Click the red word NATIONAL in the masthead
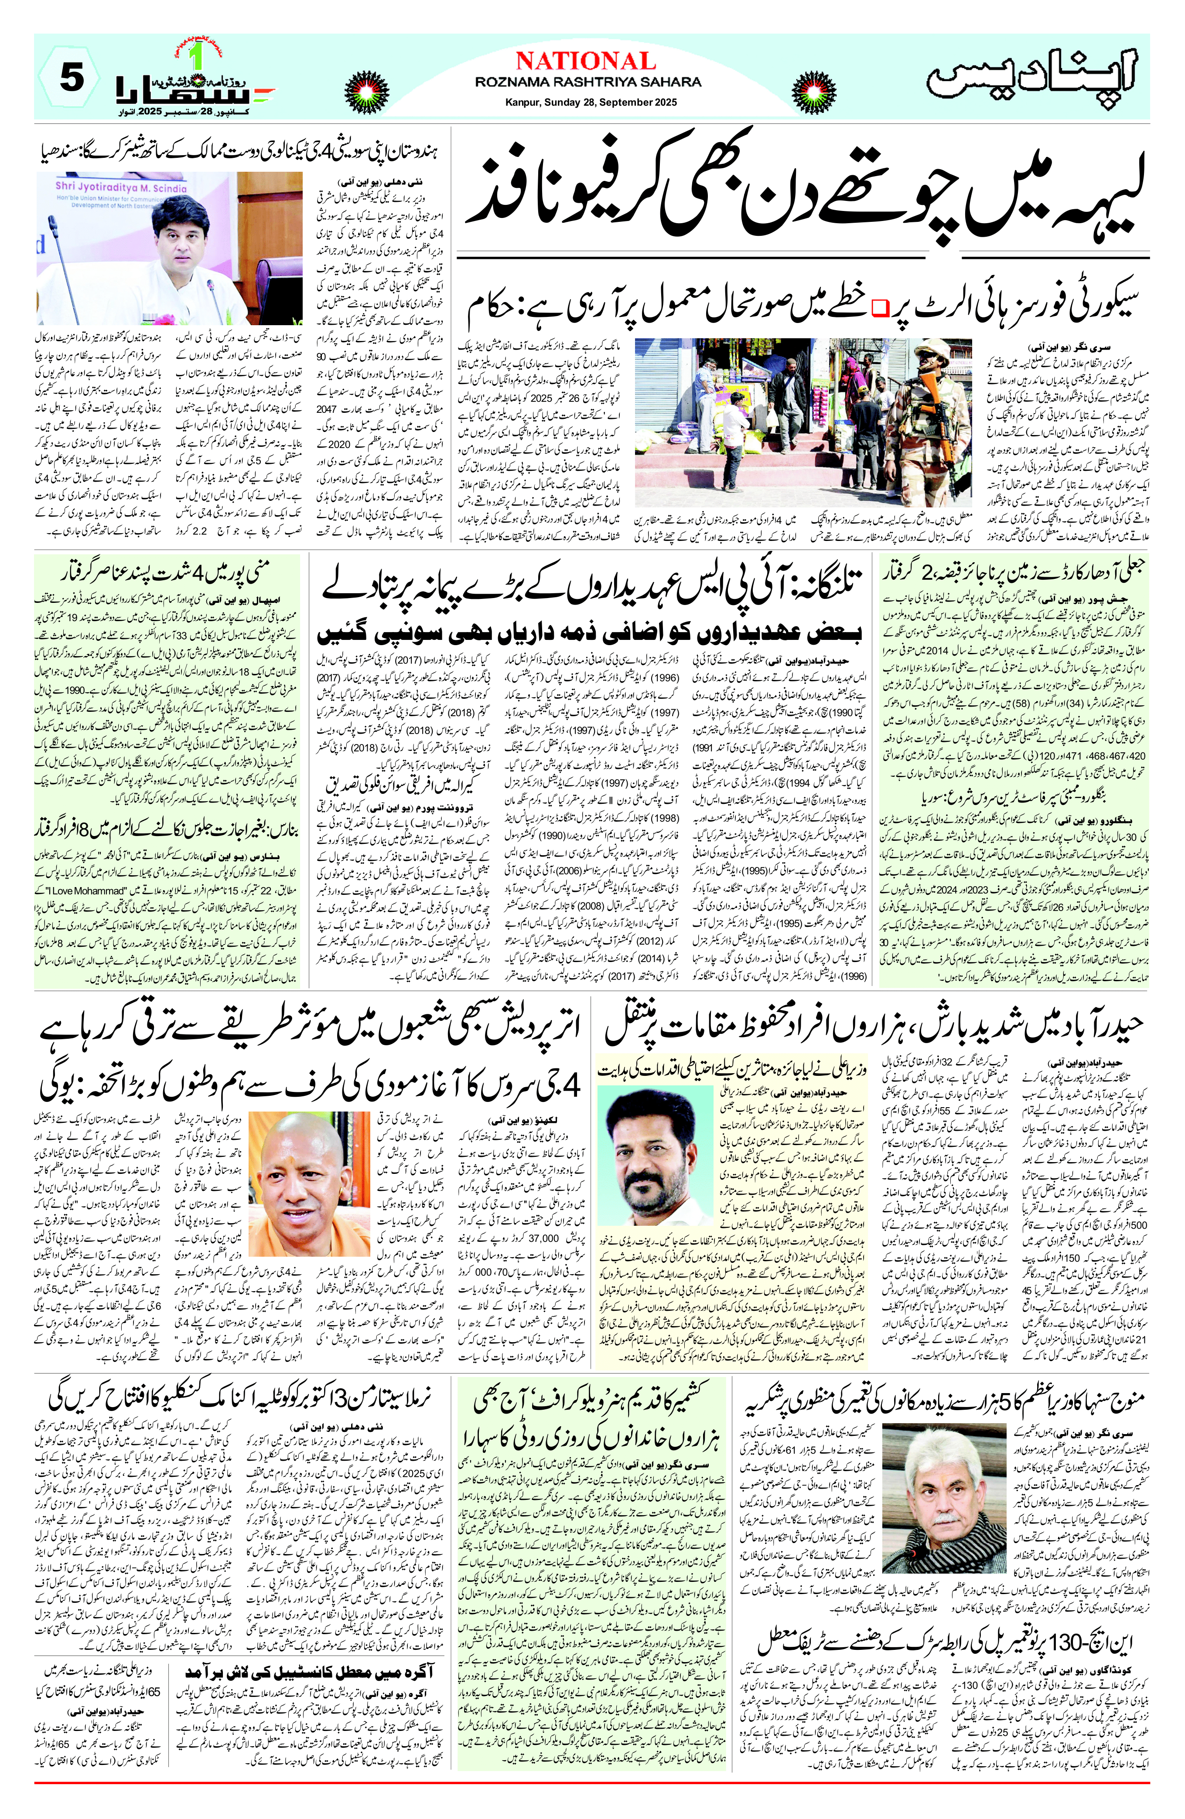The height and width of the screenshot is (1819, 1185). (x=586, y=61)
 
